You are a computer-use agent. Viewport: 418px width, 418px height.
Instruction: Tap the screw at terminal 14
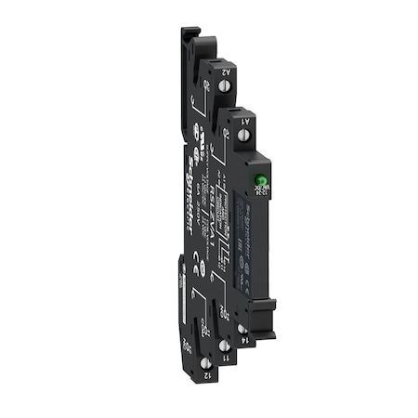coord(243,328)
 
